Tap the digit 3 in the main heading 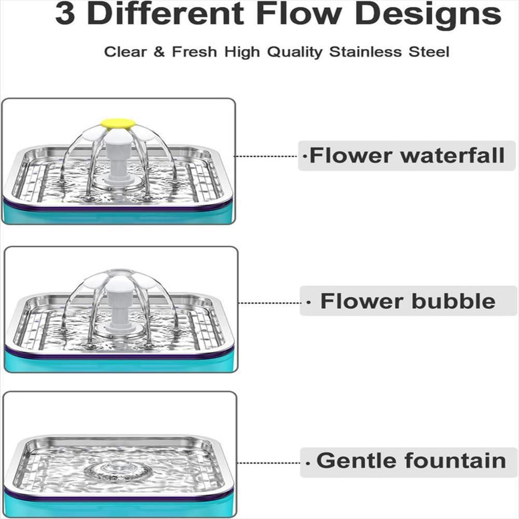click(65, 14)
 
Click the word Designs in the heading click(430, 15)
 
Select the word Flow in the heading click(299, 13)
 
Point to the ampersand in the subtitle click(159, 51)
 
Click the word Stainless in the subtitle click(365, 52)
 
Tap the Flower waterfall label click(407, 156)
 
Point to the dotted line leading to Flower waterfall click(266, 156)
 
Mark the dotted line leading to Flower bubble click(269, 303)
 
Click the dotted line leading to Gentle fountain click(268, 463)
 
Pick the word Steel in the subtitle click(429, 52)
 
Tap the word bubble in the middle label click(454, 301)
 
